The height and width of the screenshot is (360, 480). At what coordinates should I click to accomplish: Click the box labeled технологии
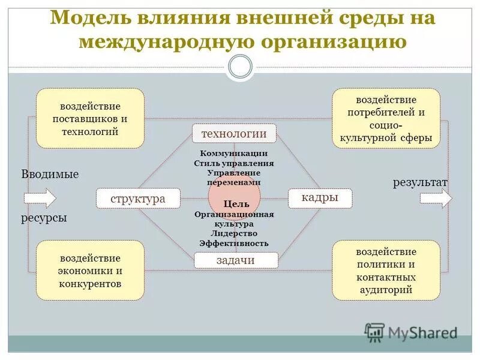point(234,133)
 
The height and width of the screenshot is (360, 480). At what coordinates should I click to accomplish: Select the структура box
point(138,199)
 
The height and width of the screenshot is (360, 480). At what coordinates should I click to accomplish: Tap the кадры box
point(320,198)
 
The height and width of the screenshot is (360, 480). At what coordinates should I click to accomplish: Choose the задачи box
point(236,260)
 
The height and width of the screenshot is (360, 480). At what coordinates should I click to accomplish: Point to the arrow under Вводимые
point(40,198)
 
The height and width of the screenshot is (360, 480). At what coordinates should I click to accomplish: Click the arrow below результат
point(436,198)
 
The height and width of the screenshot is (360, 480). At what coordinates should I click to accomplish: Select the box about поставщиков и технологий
point(90,118)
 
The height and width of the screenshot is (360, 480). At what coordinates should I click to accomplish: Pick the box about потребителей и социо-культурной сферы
point(386,118)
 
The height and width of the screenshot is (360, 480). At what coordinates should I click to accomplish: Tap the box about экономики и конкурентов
point(90,270)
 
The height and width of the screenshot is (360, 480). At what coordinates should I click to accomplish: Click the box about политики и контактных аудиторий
point(386,270)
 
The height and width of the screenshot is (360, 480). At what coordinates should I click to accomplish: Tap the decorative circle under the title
point(241,66)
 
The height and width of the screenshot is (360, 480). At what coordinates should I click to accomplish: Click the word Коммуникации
point(234,154)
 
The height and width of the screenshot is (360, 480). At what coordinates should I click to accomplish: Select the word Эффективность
point(234,243)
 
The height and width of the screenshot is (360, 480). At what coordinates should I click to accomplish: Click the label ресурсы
point(44,218)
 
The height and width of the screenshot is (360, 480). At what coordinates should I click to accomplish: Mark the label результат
point(421,182)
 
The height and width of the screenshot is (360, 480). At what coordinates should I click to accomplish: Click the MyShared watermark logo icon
point(374,332)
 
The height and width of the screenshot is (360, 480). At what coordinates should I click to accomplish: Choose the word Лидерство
point(234,233)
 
